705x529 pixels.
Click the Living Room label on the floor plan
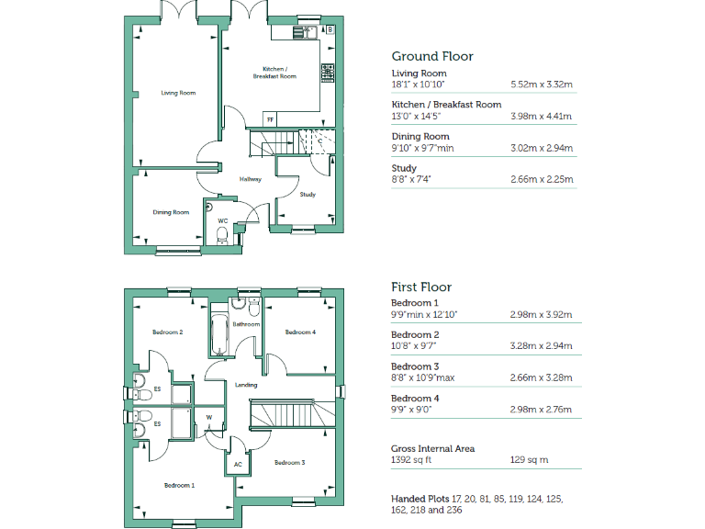[x=178, y=93]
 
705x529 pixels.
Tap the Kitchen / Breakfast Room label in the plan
[x=274, y=73]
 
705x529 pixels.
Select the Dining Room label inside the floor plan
[x=171, y=212]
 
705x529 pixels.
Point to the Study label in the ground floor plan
[x=308, y=194]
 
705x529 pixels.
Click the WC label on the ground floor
[x=223, y=221]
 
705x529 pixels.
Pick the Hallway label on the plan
[x=251, y=179]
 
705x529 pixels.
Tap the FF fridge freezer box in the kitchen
[x=270, y=120]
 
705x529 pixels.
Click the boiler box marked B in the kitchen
[x=329, y=30]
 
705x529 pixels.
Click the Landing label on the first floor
[x=246, y=385]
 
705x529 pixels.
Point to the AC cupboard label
[x=238, y=465]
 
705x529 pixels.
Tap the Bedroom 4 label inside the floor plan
[x=300, y=332]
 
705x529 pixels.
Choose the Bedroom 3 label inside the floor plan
[x=290, y=462]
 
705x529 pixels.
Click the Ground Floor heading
[x=432, y=56]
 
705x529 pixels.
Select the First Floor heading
[x=421, y=287]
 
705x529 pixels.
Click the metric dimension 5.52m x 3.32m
[x=541, y=84]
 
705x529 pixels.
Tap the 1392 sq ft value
[x=411, y=460]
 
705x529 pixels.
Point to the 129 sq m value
[x=527, y=460]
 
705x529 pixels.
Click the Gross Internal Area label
[x=432, y=448]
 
